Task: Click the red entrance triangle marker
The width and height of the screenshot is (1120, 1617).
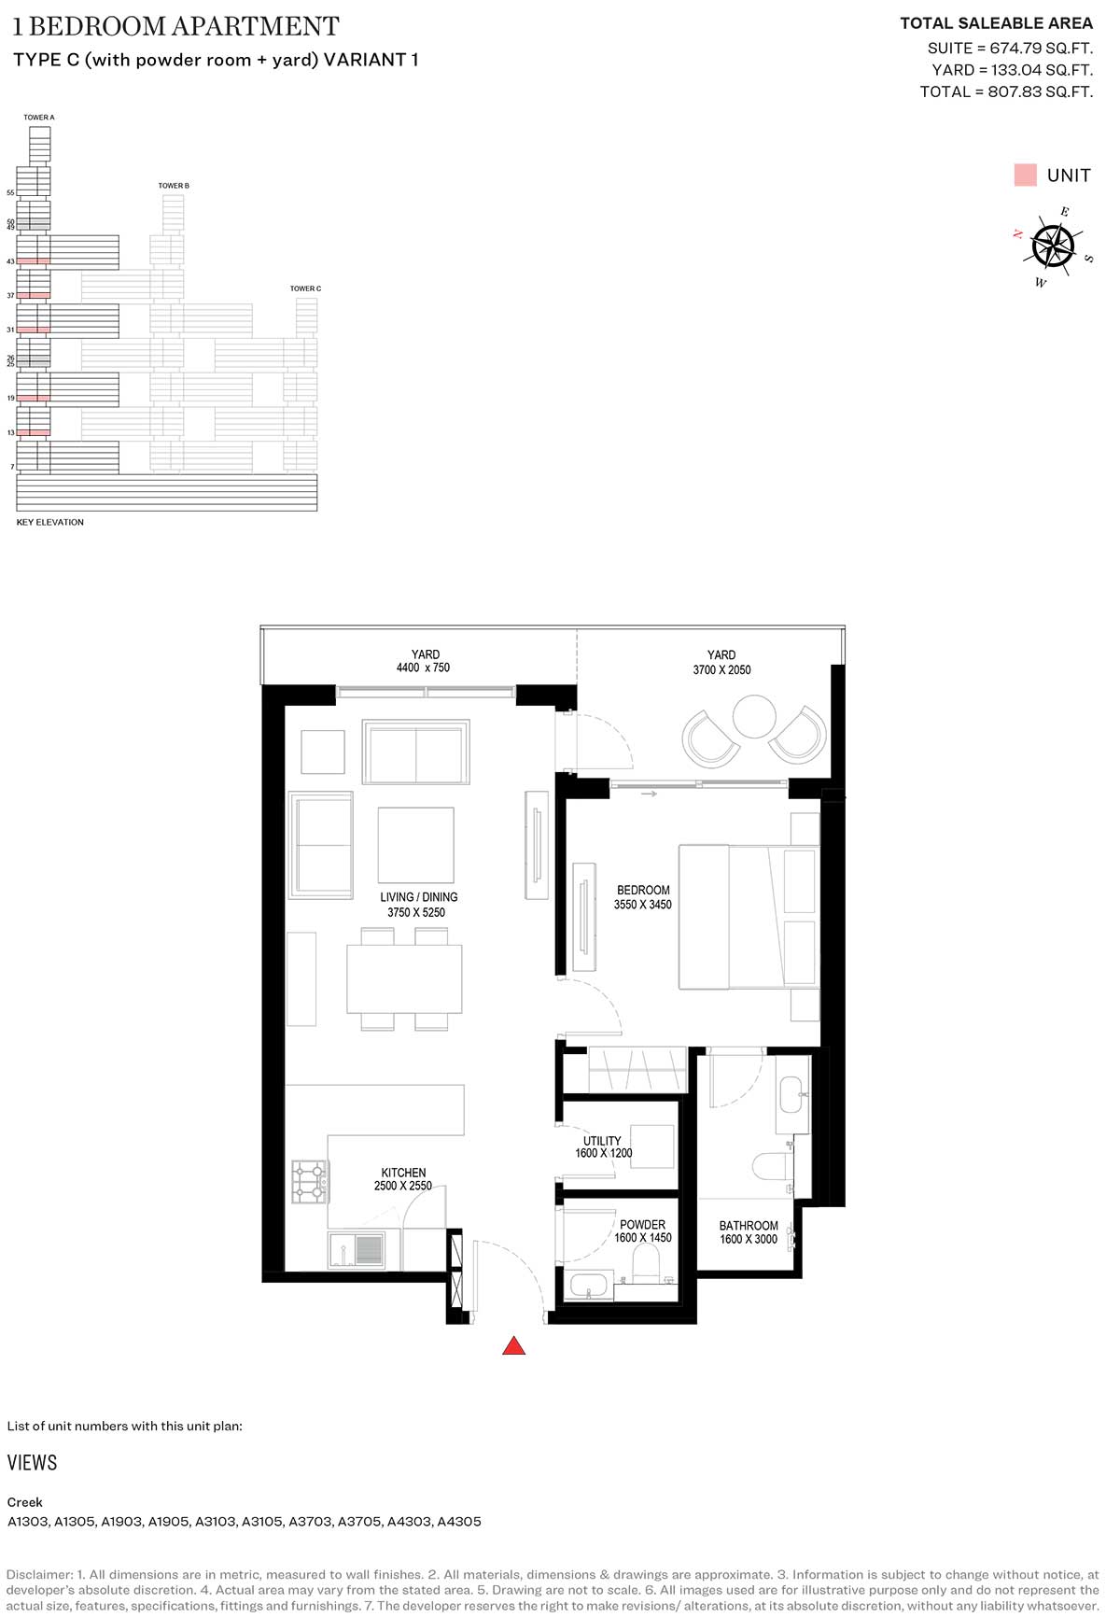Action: (514, 1345)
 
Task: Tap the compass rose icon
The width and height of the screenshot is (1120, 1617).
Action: (1053, 246)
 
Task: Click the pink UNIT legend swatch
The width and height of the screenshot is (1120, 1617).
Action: (1025, 175)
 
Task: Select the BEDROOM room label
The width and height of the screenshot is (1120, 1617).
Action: (643, 890)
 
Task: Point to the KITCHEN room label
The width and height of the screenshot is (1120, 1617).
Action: (403, 1173)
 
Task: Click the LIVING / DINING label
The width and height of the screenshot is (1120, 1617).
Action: (418, 897)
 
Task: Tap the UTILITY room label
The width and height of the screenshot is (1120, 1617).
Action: (602, 1141)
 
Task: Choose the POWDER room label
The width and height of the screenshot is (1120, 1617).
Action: (643, 1224)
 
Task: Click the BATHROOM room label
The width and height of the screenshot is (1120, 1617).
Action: (749, 1226)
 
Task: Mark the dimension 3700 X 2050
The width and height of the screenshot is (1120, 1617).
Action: (721, 670)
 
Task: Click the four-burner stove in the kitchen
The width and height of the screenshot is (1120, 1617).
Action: (310, 1181)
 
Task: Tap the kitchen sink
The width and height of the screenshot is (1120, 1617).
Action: (356, 1250)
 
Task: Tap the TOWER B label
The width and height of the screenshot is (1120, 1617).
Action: (174, 186)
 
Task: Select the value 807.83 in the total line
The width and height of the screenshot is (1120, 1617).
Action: (1015, 91)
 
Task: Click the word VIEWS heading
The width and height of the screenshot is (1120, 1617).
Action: (32, 1463)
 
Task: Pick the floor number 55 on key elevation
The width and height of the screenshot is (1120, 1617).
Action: (11, 192)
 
